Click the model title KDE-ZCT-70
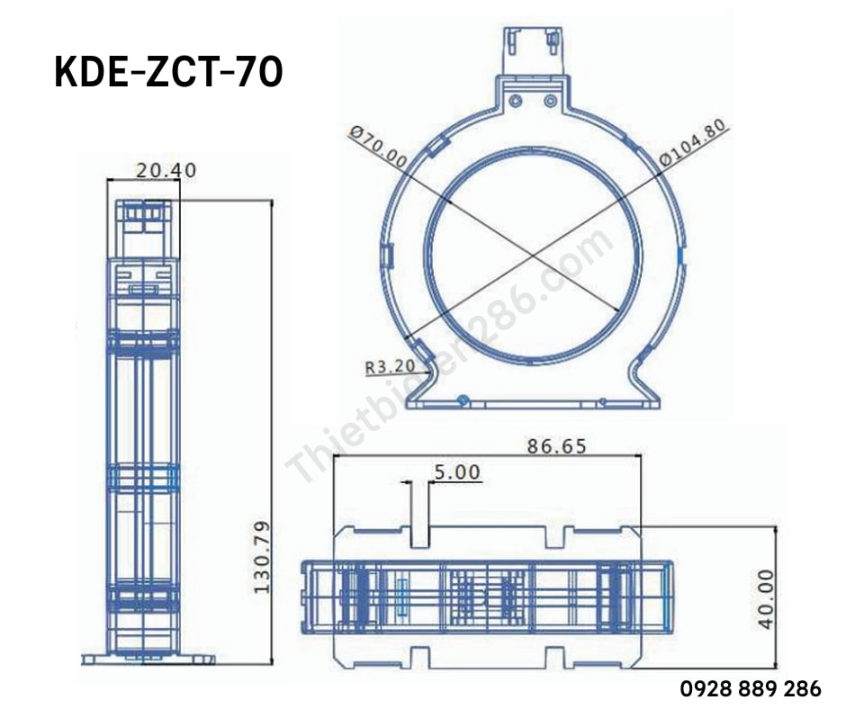point(169,74)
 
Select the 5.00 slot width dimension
point(456,471)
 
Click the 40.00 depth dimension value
point(766,598)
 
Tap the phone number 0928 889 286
point(750,689)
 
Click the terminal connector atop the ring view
point(532,49)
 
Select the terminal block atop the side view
point(143,216)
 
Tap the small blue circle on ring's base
point(462,399)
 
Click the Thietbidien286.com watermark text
point(450,360)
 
